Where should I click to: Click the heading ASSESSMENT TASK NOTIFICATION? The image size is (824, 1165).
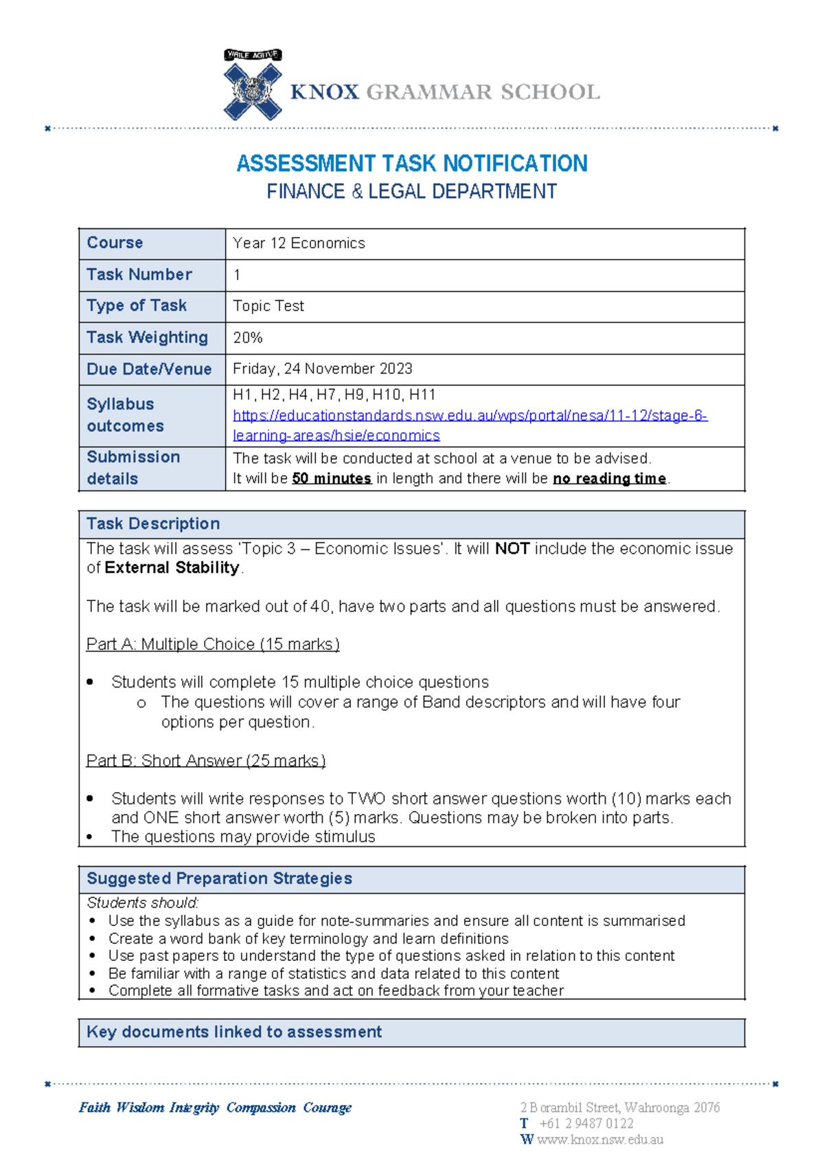(x=412, y=163)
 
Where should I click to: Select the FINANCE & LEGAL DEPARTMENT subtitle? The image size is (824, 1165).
(x=412, y=192)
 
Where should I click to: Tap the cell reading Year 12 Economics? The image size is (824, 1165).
(x=299, y=243)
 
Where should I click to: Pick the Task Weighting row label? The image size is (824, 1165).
(x=147, y=337)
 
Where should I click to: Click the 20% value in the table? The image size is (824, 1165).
(x=248, y=338)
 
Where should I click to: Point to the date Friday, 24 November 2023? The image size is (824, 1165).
(x=322, y=369)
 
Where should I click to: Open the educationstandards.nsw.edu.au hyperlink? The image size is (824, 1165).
(x=470, y=416)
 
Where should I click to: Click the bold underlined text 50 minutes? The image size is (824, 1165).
(x=331, y=479)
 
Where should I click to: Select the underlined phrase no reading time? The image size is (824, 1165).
(x=609, y=479)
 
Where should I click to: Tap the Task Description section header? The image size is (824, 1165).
(x=153, y=523)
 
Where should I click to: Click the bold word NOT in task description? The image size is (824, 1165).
(x=512, y=549)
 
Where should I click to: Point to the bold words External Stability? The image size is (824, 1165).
(x=172, y=568)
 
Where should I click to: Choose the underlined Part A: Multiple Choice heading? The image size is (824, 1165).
(x=213, y=644)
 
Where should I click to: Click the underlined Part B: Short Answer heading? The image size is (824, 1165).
(x=205, y=761)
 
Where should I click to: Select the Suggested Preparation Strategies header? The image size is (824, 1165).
(x=219, y=879)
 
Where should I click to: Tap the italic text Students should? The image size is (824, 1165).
(x=143, y=903)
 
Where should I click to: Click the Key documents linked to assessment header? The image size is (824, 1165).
(x=234, y=1032)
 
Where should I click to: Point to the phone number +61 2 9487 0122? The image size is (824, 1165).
(x=586, y=1124)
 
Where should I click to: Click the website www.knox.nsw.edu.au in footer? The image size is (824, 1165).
(x=599, y=1140)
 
